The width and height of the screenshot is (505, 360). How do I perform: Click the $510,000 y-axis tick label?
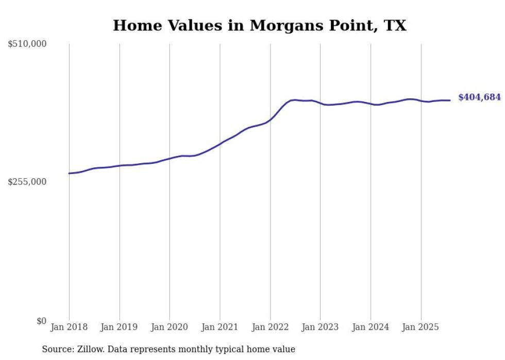point(27,44)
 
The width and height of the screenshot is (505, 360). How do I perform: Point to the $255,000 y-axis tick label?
point(27,182)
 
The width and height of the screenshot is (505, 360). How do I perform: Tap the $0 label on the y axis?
point(41,321)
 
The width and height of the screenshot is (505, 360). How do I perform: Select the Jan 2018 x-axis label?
point(69,327)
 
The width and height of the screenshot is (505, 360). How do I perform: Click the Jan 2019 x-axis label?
point(120,327)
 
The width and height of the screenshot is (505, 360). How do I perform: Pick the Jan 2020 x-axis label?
point(170,327)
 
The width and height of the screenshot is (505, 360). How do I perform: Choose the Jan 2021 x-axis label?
point(220,327)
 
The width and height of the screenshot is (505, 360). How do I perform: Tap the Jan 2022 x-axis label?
point(270,327)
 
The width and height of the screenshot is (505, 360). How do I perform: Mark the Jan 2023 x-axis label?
point(321,327)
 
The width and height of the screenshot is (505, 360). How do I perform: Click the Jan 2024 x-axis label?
point(371,327)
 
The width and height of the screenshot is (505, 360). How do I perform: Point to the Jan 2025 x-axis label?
point(421,327)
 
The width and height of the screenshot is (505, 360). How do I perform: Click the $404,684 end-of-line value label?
point(479,97)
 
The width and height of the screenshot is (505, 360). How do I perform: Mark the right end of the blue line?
point(450,100)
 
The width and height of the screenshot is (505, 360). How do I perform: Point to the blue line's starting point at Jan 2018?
point(69,174)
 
